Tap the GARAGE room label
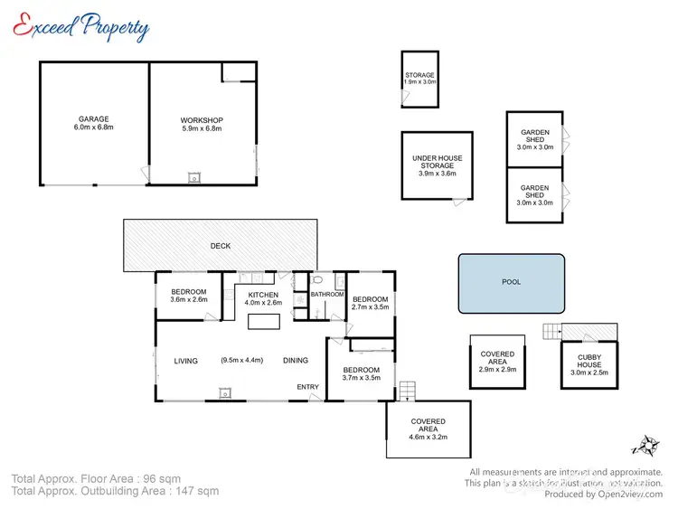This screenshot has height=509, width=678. click(x=93, y=123)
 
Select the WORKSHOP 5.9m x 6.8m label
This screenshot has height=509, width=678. click(x=202, y=125)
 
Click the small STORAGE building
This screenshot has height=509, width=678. click(x=419, y=79)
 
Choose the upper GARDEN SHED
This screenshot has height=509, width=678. click(x=534, y=140)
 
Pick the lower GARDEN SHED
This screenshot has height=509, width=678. click(x=534, y=195)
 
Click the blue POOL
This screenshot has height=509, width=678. click(x=512, y=282)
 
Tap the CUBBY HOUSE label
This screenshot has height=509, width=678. click(x=589, y=364)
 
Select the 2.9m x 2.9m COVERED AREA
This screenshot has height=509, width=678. click(x=497, y=362)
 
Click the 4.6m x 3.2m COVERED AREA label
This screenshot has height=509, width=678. click(x=428, y=429)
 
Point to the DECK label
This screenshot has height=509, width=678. click(x=221, y=246)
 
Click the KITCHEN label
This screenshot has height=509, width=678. click(x=263, y=299)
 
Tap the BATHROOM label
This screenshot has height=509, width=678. click(x=327, y=295)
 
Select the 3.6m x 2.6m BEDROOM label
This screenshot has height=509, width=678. click(x=188, y=296)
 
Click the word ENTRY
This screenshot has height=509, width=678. click(x=307, y=388)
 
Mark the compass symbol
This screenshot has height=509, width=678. click(x=647, y=445)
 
